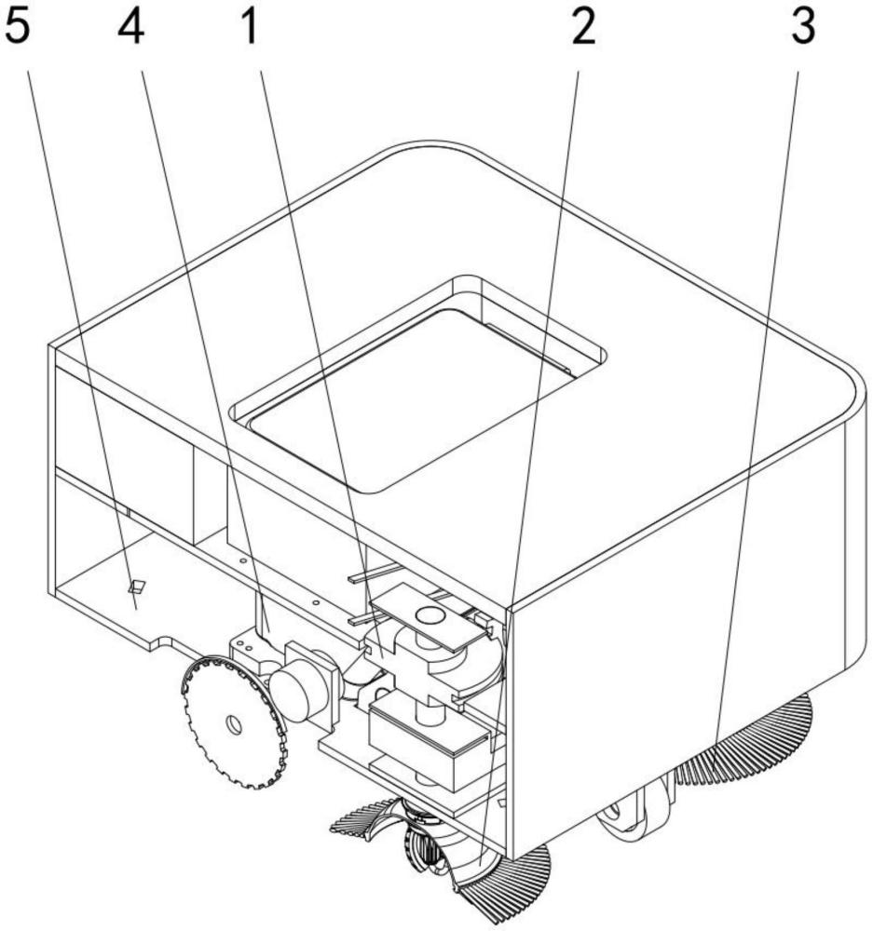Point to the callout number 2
[583, 27]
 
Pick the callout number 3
[803, 27]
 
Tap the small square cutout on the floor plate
[137, 587]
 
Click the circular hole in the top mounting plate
[431, 615]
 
